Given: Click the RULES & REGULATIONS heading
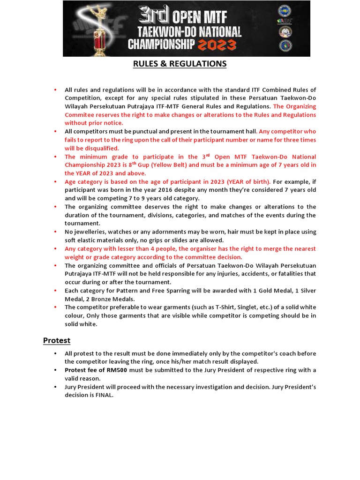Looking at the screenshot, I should click(x=180, y=64).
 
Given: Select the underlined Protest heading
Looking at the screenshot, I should click(x=57, y=340).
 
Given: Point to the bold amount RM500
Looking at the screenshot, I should click(x=117, y=370).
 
